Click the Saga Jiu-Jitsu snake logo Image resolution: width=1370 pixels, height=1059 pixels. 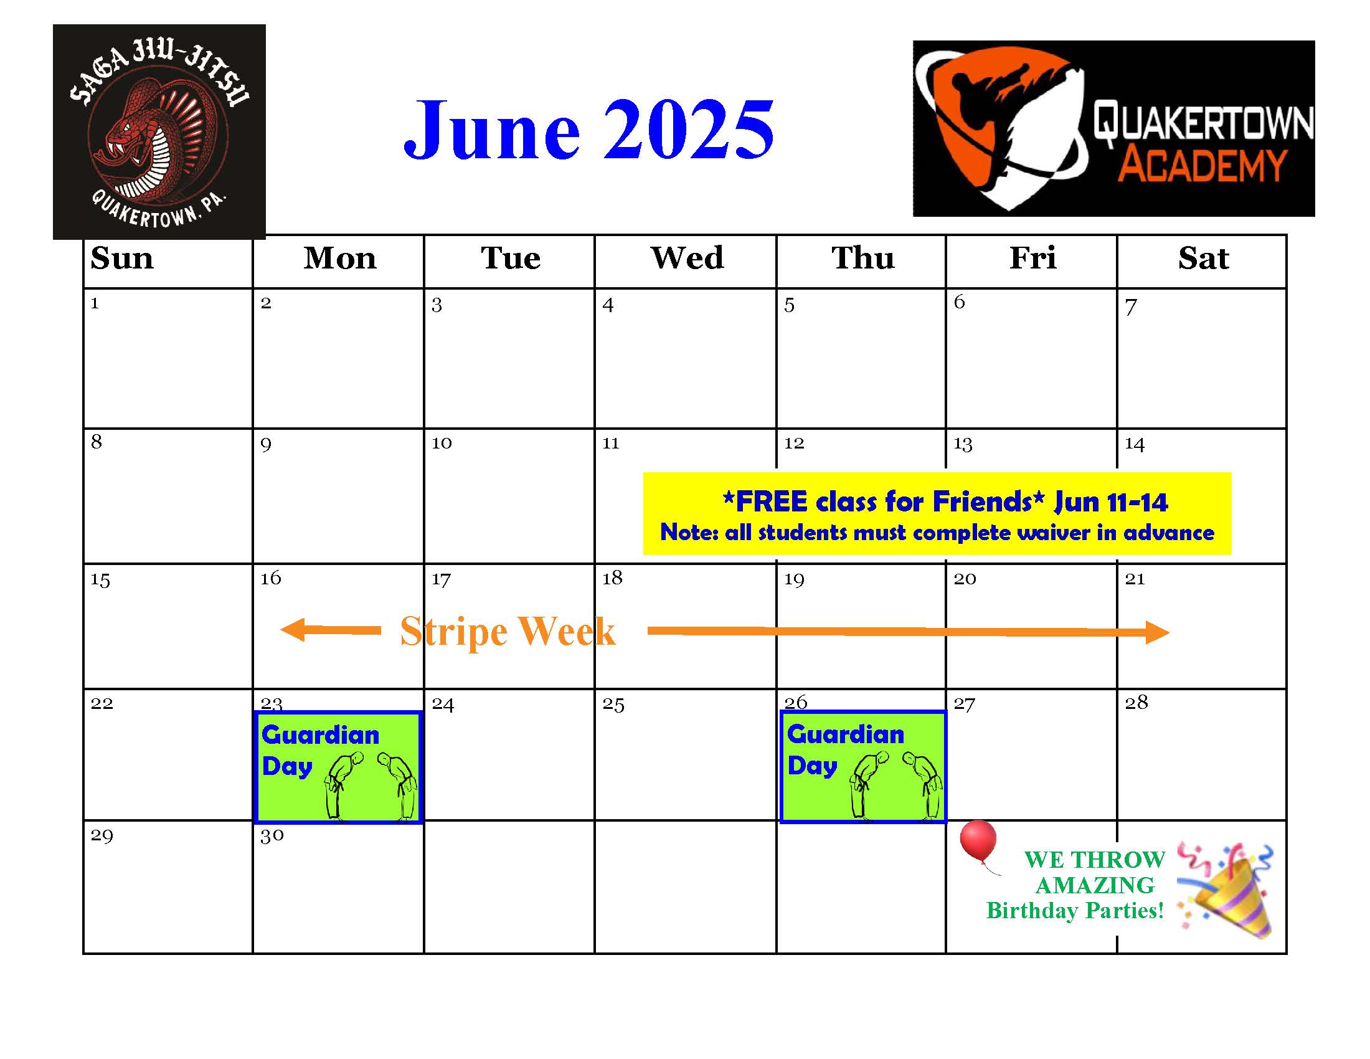click(x=159, y=131)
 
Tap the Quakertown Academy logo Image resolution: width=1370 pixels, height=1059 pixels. click(x=1113, y=128)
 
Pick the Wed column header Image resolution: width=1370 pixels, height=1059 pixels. click(x=687, y=258)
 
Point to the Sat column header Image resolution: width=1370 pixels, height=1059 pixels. click(x=1203, y=258)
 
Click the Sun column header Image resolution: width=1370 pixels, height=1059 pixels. click(x=121, y=258)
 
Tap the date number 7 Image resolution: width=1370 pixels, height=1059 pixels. click(x=1130, y=306)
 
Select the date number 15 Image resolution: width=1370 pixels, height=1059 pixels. click(x=100, y=579)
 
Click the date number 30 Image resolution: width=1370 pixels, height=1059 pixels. click(x=272, y=835)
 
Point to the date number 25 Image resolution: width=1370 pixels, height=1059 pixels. click(x=613, y=704)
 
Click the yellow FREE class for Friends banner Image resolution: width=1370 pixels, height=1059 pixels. click(x=937, y=514)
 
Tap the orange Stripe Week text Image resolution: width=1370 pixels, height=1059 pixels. click(x=508, y=631)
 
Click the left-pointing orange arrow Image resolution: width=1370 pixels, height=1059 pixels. click(x=331, y=630)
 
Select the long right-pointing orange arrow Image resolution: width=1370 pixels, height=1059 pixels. click(x=909, y=632)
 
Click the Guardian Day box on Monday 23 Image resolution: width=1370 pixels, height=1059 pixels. click(x=338, y=767)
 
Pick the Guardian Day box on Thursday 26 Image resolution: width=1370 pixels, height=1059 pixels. click(x=863, y=767)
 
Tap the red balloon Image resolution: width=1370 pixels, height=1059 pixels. click(x=978, y=842)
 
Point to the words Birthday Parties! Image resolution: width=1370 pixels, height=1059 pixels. click(x=1075, y=910)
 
